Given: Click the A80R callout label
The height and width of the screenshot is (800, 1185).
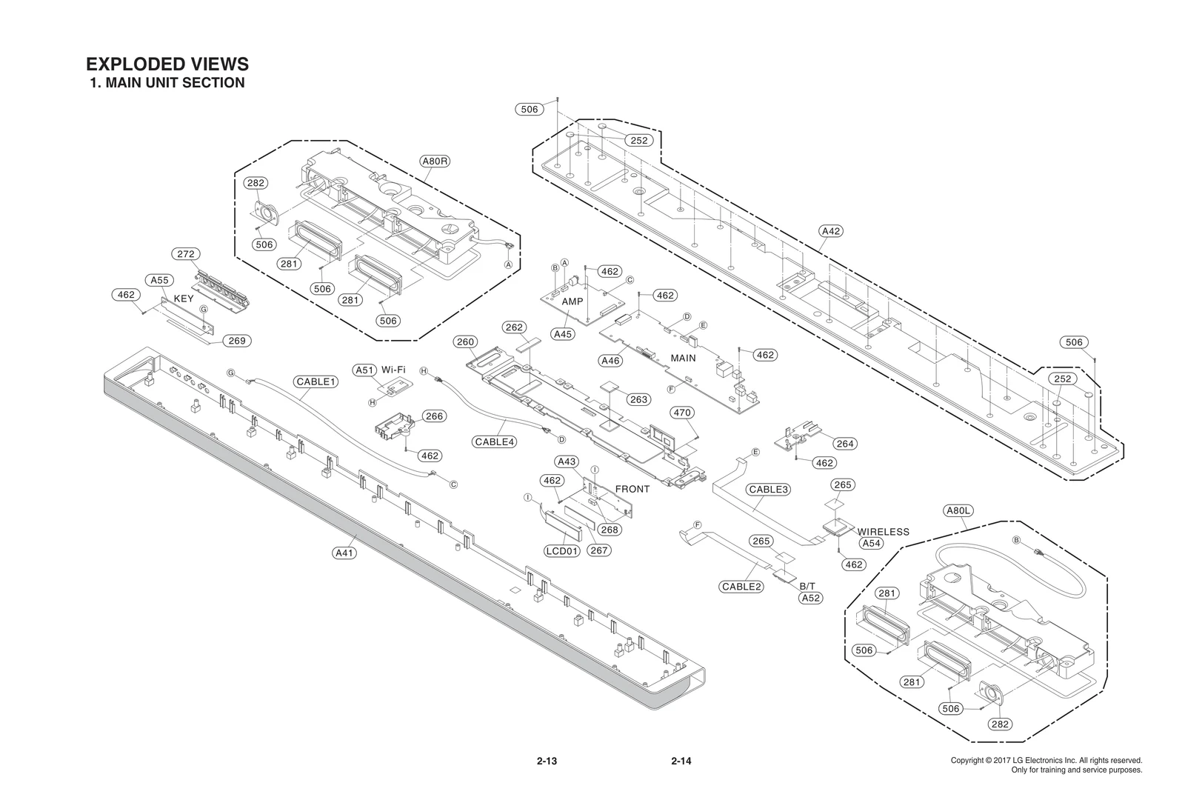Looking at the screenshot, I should point(435,161).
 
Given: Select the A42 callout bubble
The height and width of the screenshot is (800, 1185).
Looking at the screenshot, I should point(832,231).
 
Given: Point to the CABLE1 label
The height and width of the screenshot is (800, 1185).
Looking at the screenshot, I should point(316,382).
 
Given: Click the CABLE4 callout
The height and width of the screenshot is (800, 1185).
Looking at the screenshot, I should point(495,442).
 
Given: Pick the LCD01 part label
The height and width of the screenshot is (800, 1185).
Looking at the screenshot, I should point(561,551).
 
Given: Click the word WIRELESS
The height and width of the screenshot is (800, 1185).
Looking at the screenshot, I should point(883,532).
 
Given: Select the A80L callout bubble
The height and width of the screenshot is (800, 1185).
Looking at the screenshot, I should point(959,510).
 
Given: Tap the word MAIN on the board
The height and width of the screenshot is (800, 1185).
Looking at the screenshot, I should point(683,358).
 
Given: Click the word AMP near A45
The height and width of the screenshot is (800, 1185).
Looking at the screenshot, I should point(573,302).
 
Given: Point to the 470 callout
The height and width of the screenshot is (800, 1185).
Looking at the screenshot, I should point(681,413).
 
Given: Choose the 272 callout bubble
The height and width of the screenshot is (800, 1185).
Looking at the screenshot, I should point(186,254).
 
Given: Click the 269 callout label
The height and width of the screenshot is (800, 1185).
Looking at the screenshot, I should point(236,341).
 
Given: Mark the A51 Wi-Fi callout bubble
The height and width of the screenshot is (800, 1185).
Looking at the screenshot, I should point(364,370).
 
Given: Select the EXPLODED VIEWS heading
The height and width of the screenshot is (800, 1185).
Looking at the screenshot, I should point(167,64).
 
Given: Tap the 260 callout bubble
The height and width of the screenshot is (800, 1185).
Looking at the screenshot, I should point(466,342).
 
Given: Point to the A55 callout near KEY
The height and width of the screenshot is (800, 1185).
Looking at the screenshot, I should point(158,280).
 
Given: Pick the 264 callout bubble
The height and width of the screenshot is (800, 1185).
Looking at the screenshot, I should point(844,444).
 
